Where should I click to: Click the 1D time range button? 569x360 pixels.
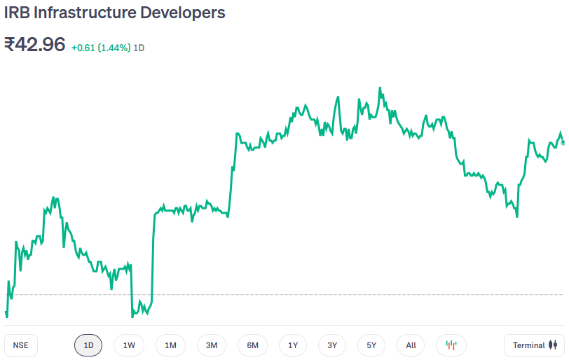[x=88, y=345]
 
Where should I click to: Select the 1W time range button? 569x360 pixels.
[x=129, y=345]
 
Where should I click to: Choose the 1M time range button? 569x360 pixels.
[x=170, y=345]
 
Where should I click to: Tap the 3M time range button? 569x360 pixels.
[x=212, y=345]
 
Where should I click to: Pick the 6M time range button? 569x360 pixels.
[x=253, y=345]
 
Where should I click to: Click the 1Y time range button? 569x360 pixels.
[x=293, y=345]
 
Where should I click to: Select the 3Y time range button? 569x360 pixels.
[x=332, y=345]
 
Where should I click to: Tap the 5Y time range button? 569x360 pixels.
[x=371, y=345]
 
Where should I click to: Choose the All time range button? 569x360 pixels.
[x=411, y=345]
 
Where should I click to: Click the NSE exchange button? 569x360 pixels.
[x=21, y=345]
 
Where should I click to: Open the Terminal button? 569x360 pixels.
[x=534, y=345]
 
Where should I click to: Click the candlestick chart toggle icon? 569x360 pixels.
[x=451, y=345]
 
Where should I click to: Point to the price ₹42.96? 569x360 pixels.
[x=35, y=45]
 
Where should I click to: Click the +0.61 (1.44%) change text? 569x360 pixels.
[x=101, y=48]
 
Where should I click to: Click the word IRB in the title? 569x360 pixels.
[x=17, y=13]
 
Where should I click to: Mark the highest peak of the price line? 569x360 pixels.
[x=380, y=88]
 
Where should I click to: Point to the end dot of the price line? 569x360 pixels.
[x=563, y=142]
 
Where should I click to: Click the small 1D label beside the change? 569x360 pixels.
[x=139, y=48]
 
